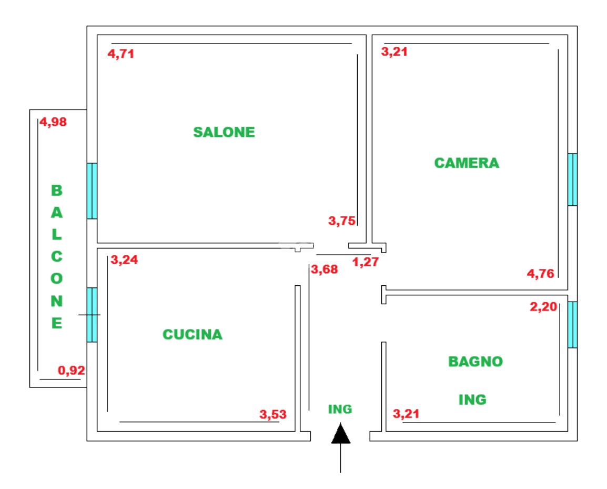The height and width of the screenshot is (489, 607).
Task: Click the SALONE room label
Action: [224, 132]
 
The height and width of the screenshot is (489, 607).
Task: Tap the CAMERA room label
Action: [467, 163]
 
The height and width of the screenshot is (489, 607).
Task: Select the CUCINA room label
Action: [193, 334]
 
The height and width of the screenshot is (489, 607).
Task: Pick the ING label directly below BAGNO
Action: [472, 400]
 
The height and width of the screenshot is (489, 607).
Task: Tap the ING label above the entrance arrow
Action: [339, 408]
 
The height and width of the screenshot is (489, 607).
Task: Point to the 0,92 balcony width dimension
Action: [71, 371]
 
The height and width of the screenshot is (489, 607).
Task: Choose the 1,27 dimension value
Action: [366, 262]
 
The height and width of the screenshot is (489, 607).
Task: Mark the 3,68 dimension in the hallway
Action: [324, 270]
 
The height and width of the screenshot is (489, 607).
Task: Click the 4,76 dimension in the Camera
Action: [541, 273]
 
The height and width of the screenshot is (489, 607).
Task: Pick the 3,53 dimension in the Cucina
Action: [274, 414]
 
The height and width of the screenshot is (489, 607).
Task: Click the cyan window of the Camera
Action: [572, 179]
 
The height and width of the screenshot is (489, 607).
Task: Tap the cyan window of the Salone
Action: [92, 191]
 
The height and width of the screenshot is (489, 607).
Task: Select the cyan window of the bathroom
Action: [572, 325]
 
